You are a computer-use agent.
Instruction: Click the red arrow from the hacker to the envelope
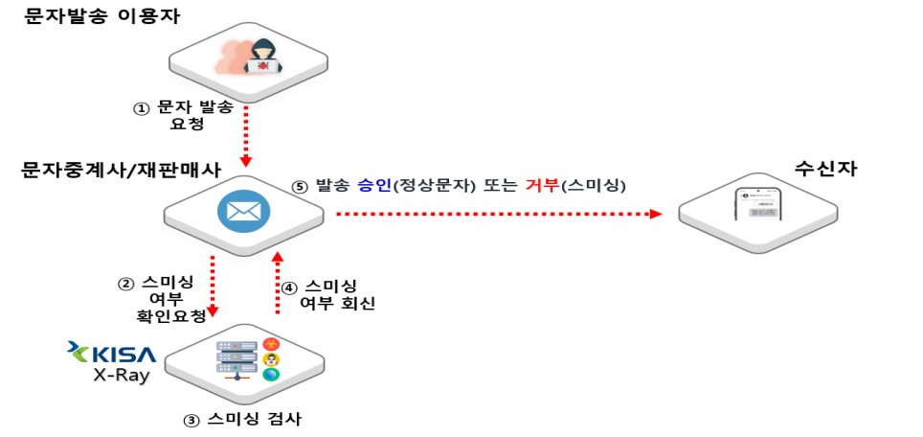click(247, 134)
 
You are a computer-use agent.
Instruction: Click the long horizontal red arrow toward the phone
click(498, 214)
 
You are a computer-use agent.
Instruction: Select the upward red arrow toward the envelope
click(278, 283)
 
